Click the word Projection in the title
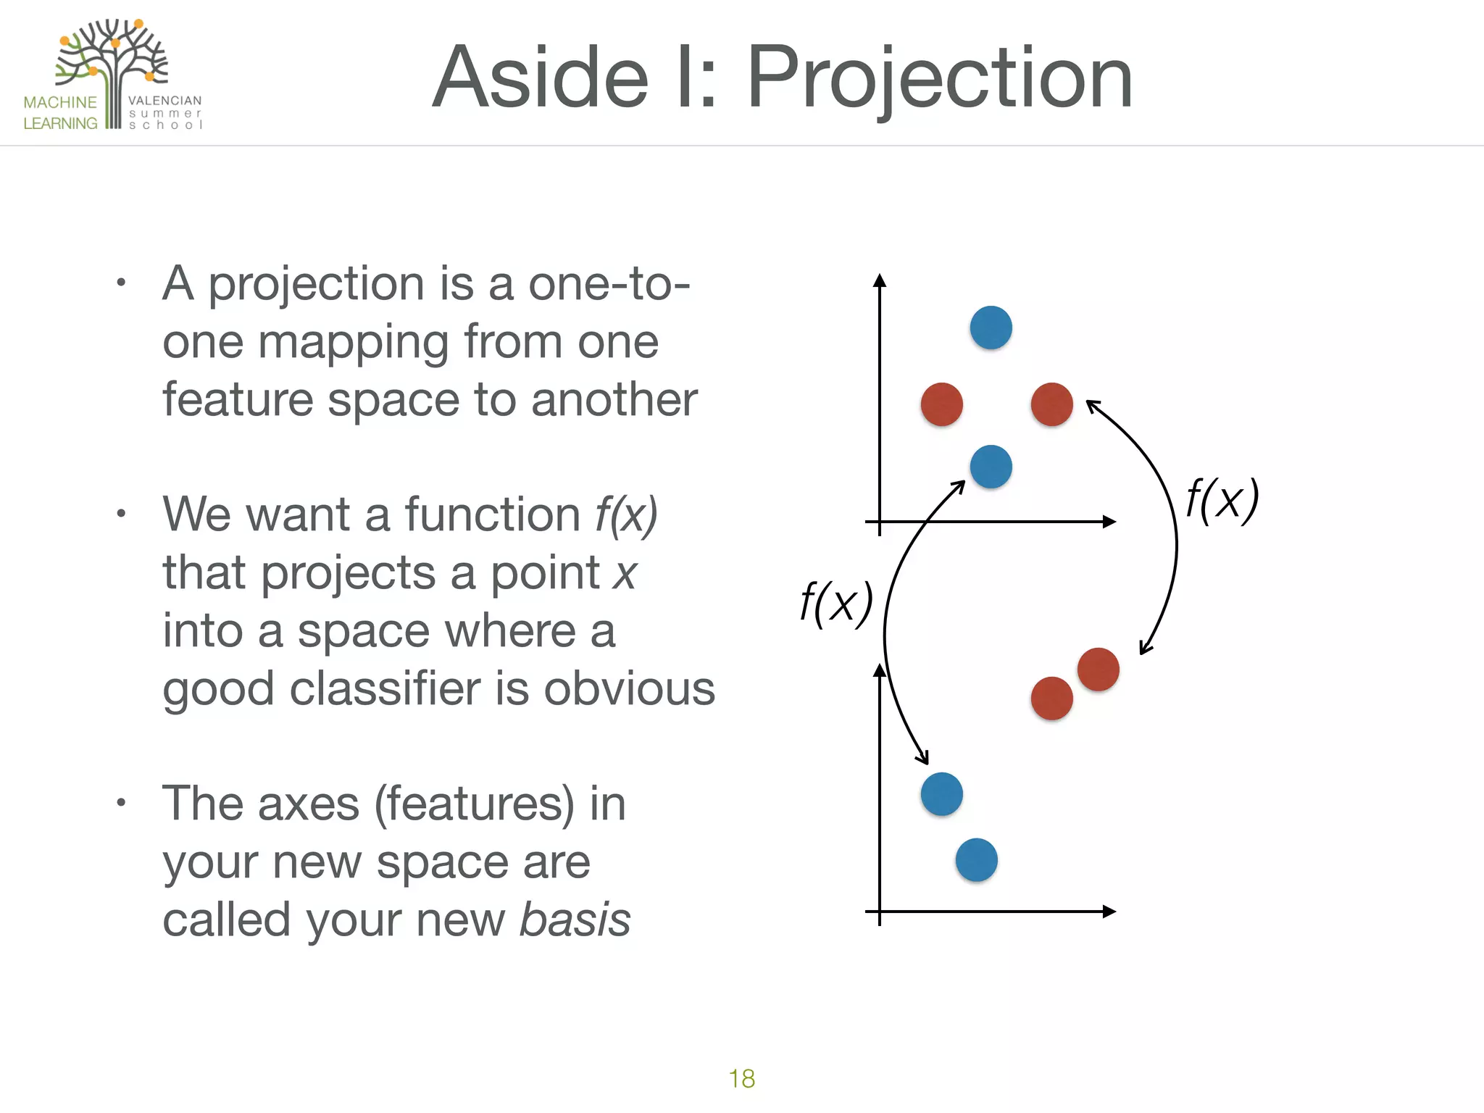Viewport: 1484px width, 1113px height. click(939, 78)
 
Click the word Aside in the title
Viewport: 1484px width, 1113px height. click(540, 78)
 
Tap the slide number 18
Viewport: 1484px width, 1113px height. click(741, 1078)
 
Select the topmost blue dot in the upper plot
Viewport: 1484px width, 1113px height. click(991, 328)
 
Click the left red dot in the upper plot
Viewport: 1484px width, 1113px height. click(941, 404)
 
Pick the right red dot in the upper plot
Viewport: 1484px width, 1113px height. click(1051, 404)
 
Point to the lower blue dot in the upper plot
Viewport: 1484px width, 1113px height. click(991, 467)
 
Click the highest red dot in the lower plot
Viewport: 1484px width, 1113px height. click(1098, 669)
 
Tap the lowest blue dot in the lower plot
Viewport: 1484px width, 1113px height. click(976, 860)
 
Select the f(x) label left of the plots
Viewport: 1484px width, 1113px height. click(836, 603)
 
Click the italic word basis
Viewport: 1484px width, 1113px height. click(575, 920)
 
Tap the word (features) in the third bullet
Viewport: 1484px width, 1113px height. click(474, 804)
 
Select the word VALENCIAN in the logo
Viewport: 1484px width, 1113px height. click(164, 101)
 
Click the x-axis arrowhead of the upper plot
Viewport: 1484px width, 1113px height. click(1109, 522)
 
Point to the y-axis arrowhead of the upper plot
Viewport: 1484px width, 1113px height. click(880, 280)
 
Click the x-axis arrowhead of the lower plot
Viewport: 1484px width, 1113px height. click(1109, 912)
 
